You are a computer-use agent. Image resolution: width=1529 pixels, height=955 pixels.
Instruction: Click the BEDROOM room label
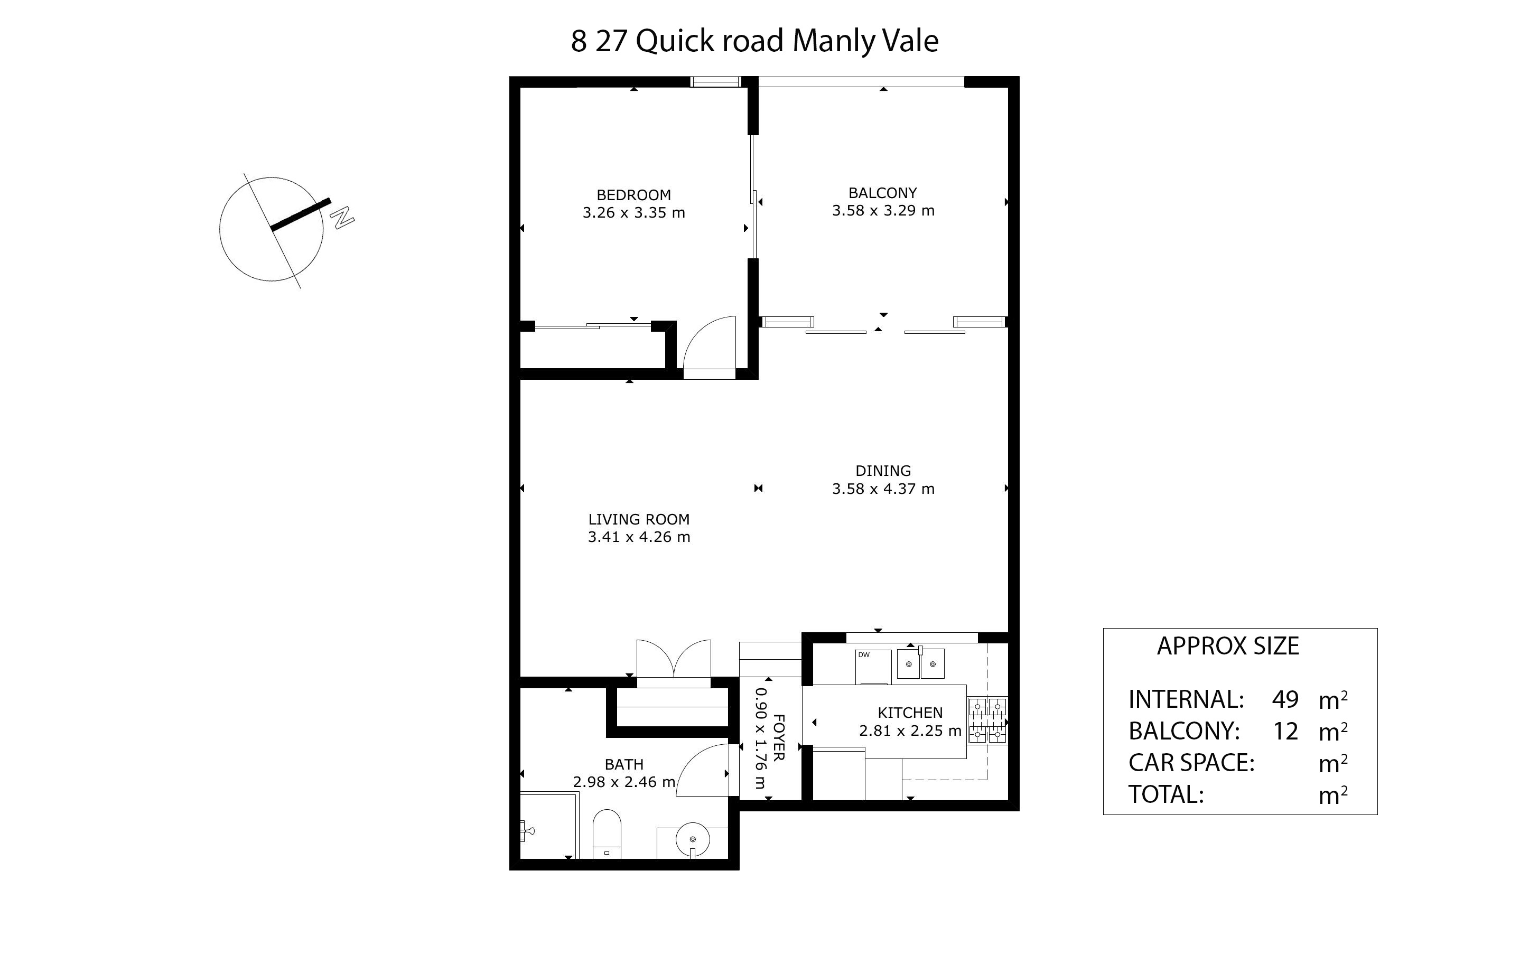coord(633,195)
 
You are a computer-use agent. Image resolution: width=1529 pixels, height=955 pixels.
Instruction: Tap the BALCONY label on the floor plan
coord(882,193)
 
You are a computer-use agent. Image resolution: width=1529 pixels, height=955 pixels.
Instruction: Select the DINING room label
coord(883,471)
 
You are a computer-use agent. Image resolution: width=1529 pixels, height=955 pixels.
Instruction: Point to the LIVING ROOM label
coord(639,519)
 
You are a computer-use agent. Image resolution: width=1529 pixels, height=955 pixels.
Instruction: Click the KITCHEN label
coord(910,713)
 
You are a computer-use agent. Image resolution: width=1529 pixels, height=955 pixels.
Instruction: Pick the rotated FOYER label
coord(779,738)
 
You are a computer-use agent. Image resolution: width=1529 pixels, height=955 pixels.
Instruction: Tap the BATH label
coord(624,764)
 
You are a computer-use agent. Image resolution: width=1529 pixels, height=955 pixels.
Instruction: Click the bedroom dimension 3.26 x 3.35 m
coord(633,213)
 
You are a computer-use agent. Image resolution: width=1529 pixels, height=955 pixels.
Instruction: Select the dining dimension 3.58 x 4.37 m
coord(883,488)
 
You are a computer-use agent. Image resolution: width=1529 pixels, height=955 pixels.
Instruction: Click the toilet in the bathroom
coord(607,834)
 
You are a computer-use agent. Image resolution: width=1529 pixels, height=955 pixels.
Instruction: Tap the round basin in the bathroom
coord(693,839)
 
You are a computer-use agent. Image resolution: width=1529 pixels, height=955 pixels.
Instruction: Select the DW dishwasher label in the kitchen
coord(863,655)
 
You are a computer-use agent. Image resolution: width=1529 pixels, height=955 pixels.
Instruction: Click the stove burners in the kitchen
coord(987,720)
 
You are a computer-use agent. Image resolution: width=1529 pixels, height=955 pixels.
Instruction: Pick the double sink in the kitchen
coord(921,663)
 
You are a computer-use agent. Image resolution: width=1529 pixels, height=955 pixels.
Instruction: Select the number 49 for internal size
coord(1285,700)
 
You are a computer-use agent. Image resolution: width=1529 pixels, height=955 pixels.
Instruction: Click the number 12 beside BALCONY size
coord(1285,732)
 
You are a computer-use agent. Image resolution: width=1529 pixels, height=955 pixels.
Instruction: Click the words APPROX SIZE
coord(1228,646)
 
